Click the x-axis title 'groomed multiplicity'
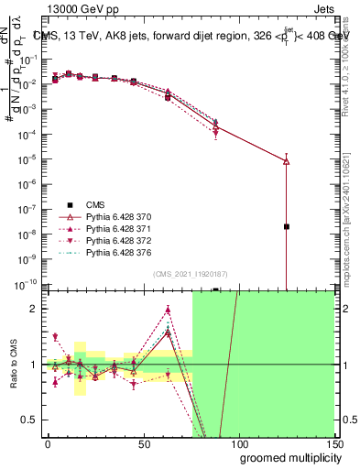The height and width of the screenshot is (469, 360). [286, 457]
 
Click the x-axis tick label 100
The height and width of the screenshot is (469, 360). [238, 442]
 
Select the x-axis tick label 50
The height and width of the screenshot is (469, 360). [143, 442]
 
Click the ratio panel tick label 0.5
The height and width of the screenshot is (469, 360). [28, 420]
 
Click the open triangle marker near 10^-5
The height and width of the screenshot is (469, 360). [287, 161]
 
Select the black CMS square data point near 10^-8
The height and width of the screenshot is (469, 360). [287, 226]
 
